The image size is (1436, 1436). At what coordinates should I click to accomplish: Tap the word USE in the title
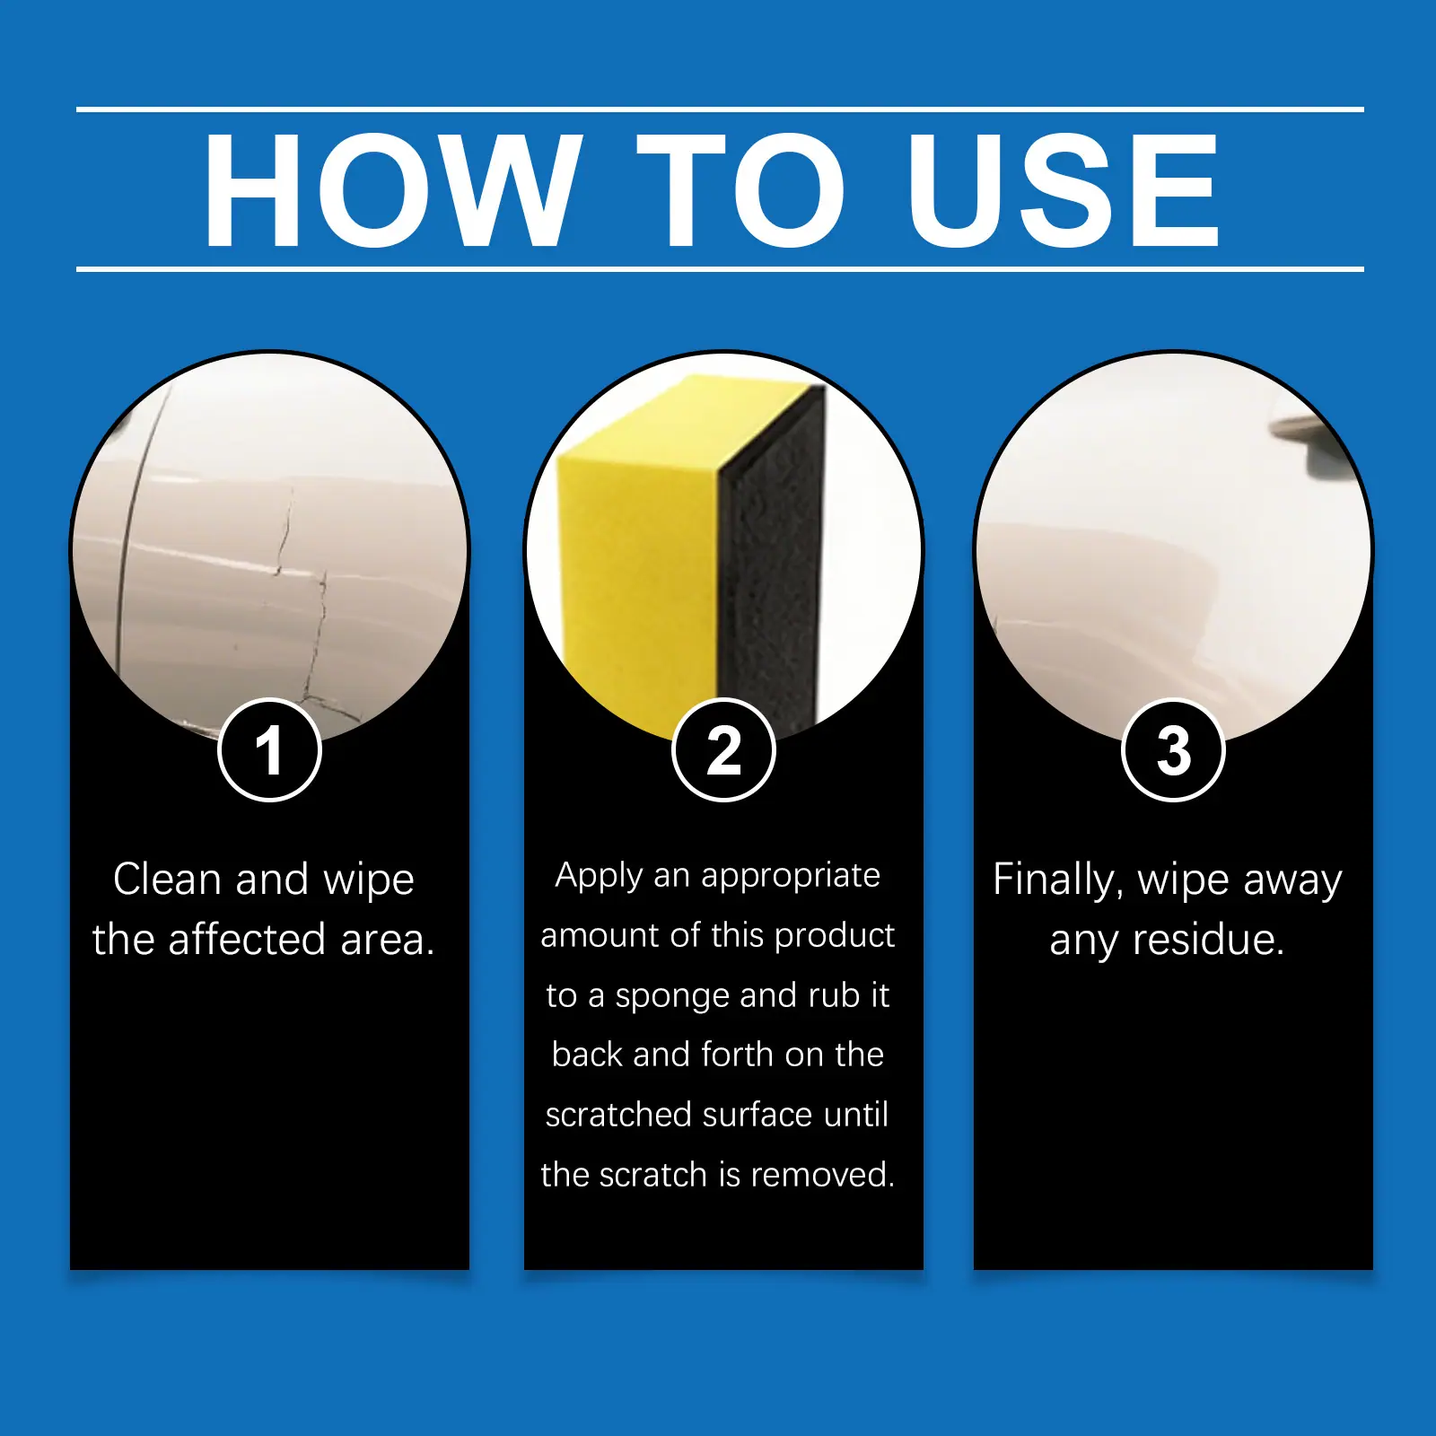point(1064,189)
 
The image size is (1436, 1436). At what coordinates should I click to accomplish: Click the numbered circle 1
point(269,749)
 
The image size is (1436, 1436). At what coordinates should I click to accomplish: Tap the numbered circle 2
point(723,749)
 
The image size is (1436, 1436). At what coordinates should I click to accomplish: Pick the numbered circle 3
point(1173,749)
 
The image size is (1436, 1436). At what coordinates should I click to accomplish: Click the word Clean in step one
point(168,879)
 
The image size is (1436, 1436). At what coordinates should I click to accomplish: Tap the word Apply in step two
point(599,876)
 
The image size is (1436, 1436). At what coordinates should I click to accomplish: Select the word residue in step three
point(1208,940)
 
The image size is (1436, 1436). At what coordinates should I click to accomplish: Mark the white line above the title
point(720,109)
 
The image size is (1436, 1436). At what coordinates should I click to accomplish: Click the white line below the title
point(720,268)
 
